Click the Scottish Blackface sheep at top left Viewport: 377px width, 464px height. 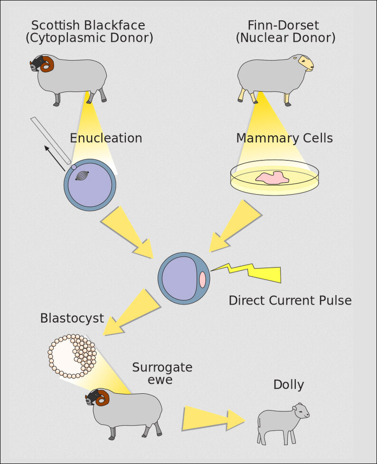71,78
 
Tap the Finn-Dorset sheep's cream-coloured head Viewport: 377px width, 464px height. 305,64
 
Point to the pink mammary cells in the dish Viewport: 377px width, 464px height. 273,178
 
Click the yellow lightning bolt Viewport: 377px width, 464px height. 252,273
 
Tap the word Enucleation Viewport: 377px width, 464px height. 106,139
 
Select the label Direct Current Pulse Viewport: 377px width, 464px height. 290,301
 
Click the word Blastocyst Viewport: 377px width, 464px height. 72,318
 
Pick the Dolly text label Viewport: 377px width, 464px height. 288,385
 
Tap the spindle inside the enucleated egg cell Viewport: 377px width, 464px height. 82,176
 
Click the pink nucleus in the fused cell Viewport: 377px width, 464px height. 203,279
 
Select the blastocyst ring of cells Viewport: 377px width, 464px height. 72,356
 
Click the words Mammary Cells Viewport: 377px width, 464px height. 284,139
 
